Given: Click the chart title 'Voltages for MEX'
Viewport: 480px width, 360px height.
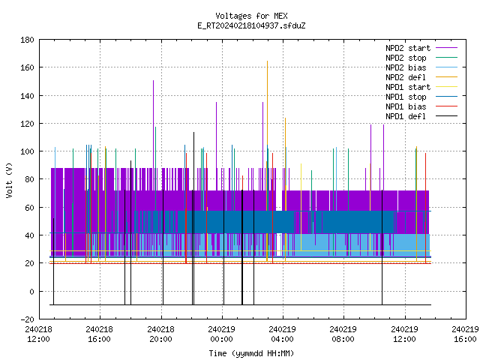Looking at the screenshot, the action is (x=251, y=16).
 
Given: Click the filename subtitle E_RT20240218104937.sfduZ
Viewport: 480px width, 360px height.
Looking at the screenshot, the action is (x=251, y=25).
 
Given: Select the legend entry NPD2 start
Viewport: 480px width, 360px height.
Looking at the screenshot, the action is (x=408, y=48).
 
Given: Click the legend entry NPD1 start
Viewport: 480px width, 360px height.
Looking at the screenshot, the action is (x=408, y=87).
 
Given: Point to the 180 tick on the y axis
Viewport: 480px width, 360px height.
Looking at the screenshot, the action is (x=27, y=40).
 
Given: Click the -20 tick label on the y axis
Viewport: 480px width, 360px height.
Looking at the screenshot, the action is (x=27, y=319).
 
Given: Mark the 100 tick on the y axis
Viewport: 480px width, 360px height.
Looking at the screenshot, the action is (x=27, y=151).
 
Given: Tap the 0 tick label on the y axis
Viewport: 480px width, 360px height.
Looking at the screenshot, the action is (x=31, y=292).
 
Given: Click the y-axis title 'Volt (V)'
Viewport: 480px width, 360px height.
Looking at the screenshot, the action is (x=9, y=180).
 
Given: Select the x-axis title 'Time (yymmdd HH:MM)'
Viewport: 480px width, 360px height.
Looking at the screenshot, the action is (x=251, y=353).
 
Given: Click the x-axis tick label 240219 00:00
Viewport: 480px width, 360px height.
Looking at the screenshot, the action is (x=221, y=334).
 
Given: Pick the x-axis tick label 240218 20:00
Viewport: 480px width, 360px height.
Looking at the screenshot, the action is (x=160, y=334).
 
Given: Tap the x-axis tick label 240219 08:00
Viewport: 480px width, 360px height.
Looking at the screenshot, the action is (x=343, y=334).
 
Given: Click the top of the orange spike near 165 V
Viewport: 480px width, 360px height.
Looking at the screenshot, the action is (x=267, y=61).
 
